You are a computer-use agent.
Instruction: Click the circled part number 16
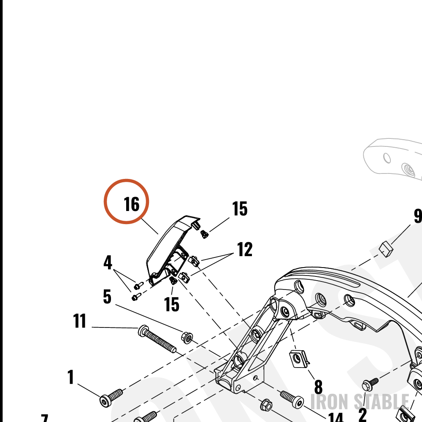click(x=132, y=204)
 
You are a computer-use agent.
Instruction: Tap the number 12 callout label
click(x=245, y=249)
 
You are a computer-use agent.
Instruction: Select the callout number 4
click(x=108, y=262)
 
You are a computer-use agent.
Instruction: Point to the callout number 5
click(x=107, y=297)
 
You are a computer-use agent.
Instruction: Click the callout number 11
click(x=79, y=321)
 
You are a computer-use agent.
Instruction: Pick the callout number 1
click(x=70, y=377)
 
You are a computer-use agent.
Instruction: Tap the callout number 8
click(x=318, y=387)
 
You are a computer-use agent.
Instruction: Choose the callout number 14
click(x=336, y=417)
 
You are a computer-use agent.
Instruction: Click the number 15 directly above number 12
click(x=240, y=208)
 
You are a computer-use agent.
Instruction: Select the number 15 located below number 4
click(x=171, y=304)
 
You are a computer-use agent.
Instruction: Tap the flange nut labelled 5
click(x=187, y=338)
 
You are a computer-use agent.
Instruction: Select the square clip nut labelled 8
click(x=298, y=359)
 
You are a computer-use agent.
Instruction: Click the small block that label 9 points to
click(x=386, y=249)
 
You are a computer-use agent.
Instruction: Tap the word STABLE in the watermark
click(x=381, y=402)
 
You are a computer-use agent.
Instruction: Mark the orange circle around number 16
click(x=126, y=179)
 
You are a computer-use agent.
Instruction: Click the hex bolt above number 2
click(x=370, y=384)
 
